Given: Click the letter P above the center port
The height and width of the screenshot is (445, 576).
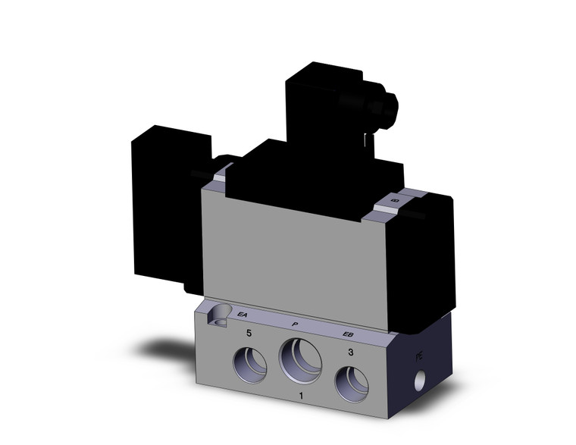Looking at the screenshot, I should tap(293, 324).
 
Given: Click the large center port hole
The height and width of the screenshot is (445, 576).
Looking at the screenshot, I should tap(301, 359).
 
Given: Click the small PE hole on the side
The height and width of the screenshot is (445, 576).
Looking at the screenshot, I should tap(419, 377).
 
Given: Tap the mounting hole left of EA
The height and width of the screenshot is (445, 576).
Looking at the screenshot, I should tap(221, 313).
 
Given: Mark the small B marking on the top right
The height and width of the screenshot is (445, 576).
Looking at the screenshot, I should tap(394, 199).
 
